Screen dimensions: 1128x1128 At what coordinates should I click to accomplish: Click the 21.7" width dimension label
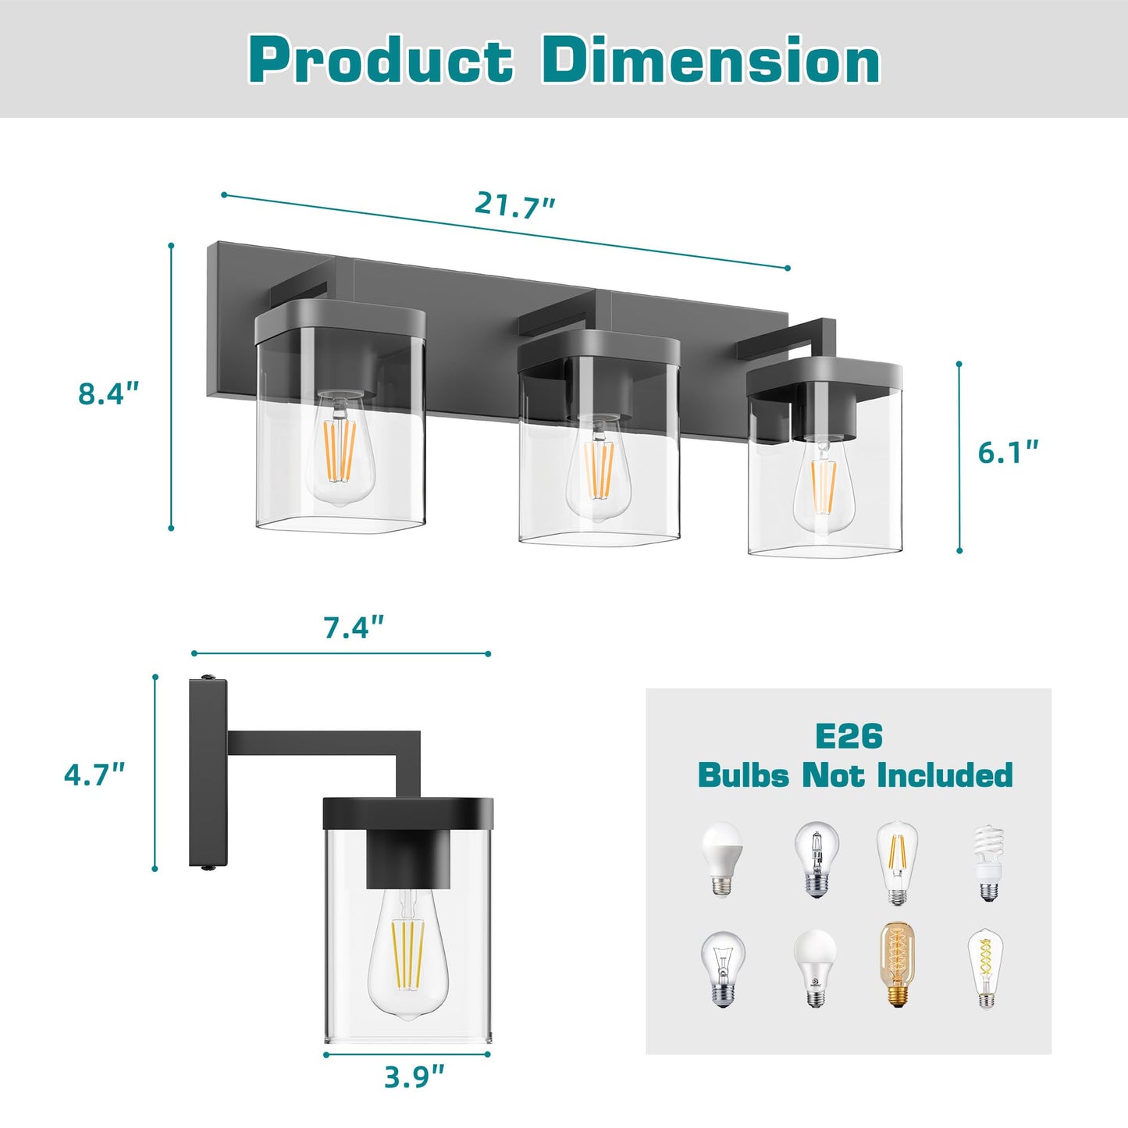point(514,205)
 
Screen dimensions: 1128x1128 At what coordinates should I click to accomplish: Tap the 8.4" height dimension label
point(108,393)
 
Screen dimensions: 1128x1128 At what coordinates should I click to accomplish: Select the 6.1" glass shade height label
point(1008,452)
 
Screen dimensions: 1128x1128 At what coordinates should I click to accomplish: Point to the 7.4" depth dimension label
point(354,627)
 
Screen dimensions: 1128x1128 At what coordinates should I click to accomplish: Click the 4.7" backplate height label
point(94,774)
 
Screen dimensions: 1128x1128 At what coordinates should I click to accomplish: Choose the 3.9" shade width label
point(414,1077)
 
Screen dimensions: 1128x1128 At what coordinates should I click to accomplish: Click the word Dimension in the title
point(710,61)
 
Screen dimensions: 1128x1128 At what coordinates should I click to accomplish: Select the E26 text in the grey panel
point(849,736)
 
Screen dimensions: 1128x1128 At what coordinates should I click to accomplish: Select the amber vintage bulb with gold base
point(898,965)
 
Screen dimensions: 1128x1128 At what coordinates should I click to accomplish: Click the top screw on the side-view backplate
point(208,678)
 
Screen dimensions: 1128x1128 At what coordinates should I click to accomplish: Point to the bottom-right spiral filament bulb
point(986,968)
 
